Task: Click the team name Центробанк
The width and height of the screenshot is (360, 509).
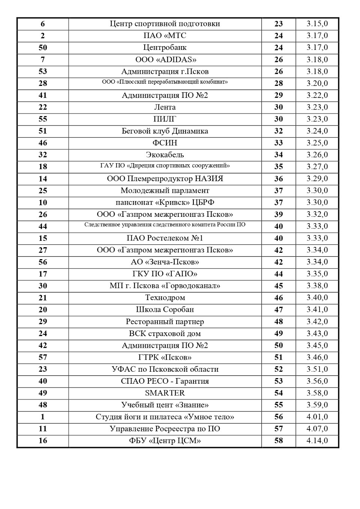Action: [x=165, y=48]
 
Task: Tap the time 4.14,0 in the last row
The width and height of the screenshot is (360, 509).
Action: [x=317, y=440]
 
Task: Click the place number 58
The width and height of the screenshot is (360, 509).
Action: [x=278, y=441]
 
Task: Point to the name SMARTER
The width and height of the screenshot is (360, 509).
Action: [x=165, y=393]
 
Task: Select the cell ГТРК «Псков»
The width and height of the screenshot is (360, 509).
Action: [x=165, y=357]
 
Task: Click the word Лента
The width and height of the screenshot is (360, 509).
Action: [x=165, y=107]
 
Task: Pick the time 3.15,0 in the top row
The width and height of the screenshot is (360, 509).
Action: [x=317, y=24]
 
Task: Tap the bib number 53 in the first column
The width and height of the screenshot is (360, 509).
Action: [x=43, y=72]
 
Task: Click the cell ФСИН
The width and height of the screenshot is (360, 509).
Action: [x=165, y=143]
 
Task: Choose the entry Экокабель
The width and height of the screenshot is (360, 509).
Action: [x=165, y=155]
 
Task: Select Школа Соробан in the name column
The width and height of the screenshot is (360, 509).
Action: [x=165, y=309]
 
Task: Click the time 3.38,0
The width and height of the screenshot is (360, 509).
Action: [x=317, y=286]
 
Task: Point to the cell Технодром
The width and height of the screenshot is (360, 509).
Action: [x=165, y=298]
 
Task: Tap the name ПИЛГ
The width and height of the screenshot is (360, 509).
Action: [x=165, y=119]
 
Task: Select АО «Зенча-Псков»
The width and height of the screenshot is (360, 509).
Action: [x=165, y=262]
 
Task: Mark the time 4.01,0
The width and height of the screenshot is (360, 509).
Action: [x=317, y=417]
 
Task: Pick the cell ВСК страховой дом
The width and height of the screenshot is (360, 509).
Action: [x=165, y=333]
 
